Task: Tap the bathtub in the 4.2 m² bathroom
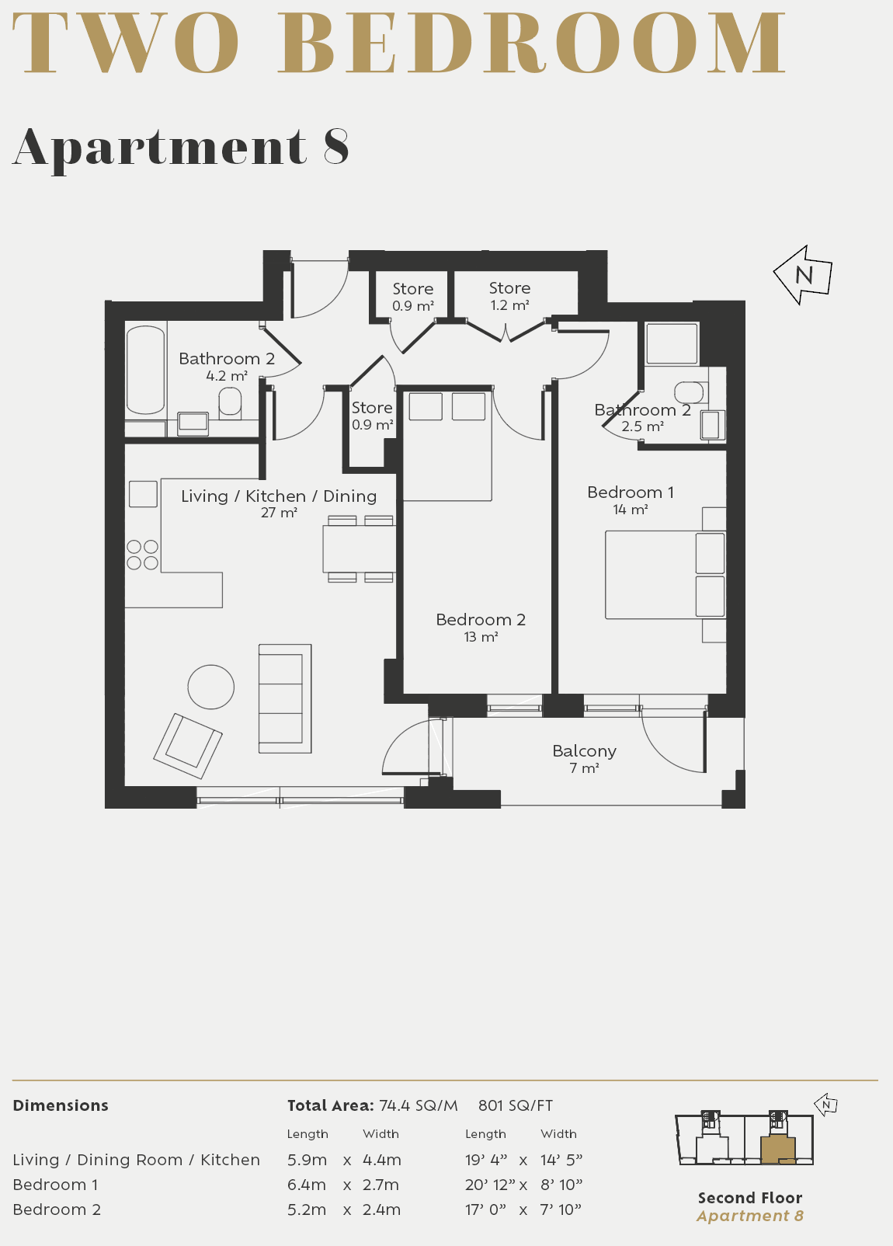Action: click(x=145, y=370)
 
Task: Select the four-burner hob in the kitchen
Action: click(x=142, y=555)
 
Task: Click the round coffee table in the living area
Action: click(x=211, y=687)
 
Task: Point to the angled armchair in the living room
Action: click(x=188, y=746)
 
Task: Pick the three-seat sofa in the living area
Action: click(x=284, y=698)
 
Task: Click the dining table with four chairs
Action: click(x=360, y=549)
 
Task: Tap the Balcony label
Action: click(x=584, y=751)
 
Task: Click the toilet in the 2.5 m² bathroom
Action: click(x=690, y=391)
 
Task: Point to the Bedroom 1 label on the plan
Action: click(x=630, y=492)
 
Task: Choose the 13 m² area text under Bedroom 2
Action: click(x=481, y=637)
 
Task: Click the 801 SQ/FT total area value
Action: click(x=516, y=1105)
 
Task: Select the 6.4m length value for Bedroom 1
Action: click(x=307, y=1185)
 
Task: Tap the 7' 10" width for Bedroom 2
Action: click(x=561, y=1209)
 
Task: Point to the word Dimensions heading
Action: click(x=61, y=1105)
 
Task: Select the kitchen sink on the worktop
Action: click(x=143, y=494)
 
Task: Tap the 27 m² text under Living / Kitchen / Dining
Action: click(x=279, y=513)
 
